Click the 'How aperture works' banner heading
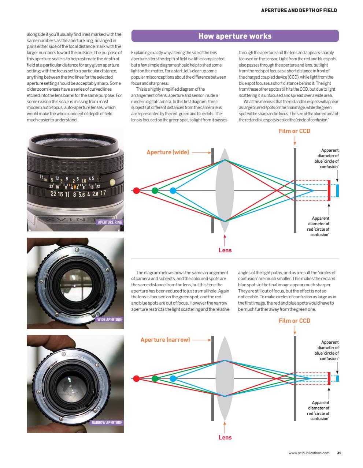click(235, 36)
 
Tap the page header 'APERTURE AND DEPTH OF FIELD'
click(299, 10)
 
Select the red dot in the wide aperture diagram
click(136, 190)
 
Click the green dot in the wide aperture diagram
click(155, 190)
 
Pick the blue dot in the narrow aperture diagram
click(173, 378)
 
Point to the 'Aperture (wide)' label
click(167, 152)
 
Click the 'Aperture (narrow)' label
click(165, 340)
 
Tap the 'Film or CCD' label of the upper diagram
click(295, 131)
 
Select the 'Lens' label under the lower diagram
click(225, 437)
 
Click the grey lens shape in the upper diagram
click(225, 190)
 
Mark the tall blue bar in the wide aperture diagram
click(337, 190)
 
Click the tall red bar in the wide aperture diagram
click(329, 190)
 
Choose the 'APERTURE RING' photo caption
click(110, 222)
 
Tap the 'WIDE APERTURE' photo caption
click(109, 319)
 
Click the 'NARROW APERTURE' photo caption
click(107, 422)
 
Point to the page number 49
click(339, 453)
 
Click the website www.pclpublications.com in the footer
click(309, 453)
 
